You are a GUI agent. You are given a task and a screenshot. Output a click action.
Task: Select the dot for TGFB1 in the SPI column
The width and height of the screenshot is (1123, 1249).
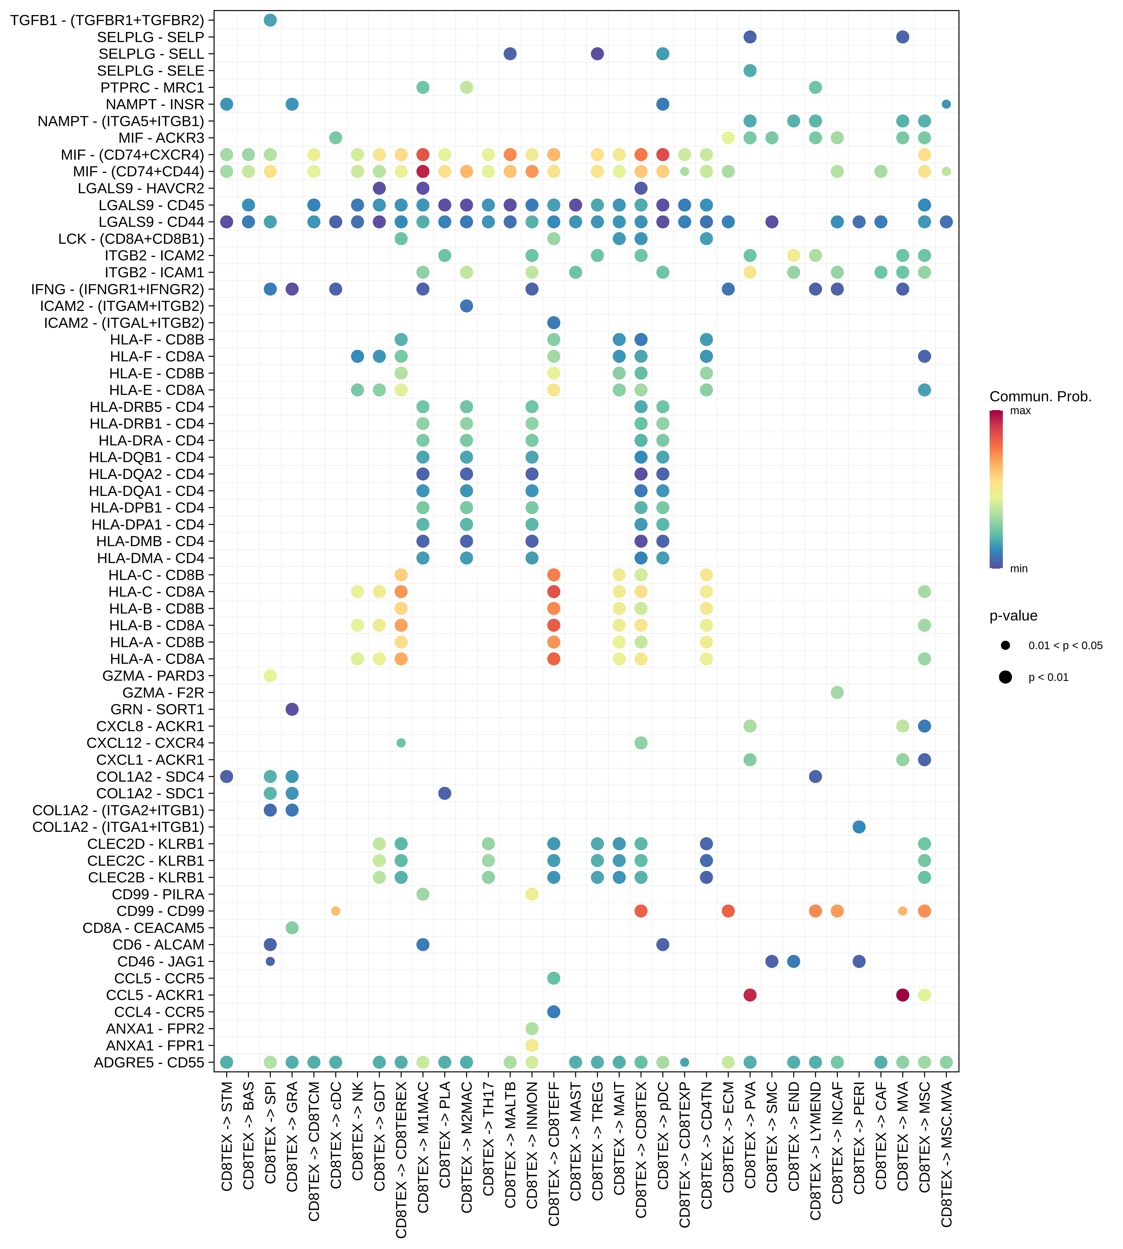pos(270,20)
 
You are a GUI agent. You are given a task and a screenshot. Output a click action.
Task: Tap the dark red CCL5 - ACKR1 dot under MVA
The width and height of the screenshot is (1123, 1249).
pos(902,995)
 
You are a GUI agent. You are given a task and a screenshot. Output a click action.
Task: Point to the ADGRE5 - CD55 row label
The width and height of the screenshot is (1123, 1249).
pos(149,1062)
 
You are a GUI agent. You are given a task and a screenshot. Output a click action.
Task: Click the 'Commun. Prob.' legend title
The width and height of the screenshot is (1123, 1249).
pos(1040,396)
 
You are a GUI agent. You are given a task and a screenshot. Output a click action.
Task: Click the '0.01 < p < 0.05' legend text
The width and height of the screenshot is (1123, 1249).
pos(1065,645)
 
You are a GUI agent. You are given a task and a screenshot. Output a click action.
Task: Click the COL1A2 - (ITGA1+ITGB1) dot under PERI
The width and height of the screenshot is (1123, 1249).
pos(859,827)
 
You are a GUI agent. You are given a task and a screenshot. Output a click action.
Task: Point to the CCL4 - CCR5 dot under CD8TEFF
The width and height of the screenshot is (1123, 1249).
pos(554,1011)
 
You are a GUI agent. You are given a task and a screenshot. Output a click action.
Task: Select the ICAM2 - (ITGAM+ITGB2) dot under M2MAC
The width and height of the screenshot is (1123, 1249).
pos(466,306)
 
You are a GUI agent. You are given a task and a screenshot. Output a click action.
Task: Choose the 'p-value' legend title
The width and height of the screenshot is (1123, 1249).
pos(1013,616)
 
